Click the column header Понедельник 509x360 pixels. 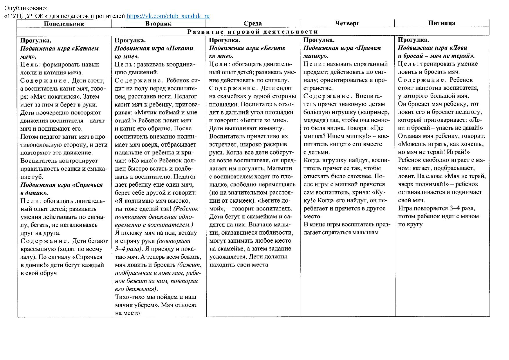tap(64, 24)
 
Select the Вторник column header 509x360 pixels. tap(158, 24)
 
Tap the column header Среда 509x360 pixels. tap(252, 24)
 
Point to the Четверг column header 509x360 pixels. tap(347, 23)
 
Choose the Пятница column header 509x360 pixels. tap(441, 23)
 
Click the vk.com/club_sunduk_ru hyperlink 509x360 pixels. tap(168, 16)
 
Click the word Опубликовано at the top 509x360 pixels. tap(26, 8)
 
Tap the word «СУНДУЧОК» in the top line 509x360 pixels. tap(26, 16)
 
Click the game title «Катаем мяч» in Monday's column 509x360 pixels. tap(59, 52)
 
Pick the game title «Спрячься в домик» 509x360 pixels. tap(61, 189)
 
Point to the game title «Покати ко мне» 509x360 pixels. tap(154, 52)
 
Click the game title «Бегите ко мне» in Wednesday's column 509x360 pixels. tap(247, 52)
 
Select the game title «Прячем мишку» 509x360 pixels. tap(342, 52)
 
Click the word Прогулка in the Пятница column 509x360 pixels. tap(413, 40)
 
